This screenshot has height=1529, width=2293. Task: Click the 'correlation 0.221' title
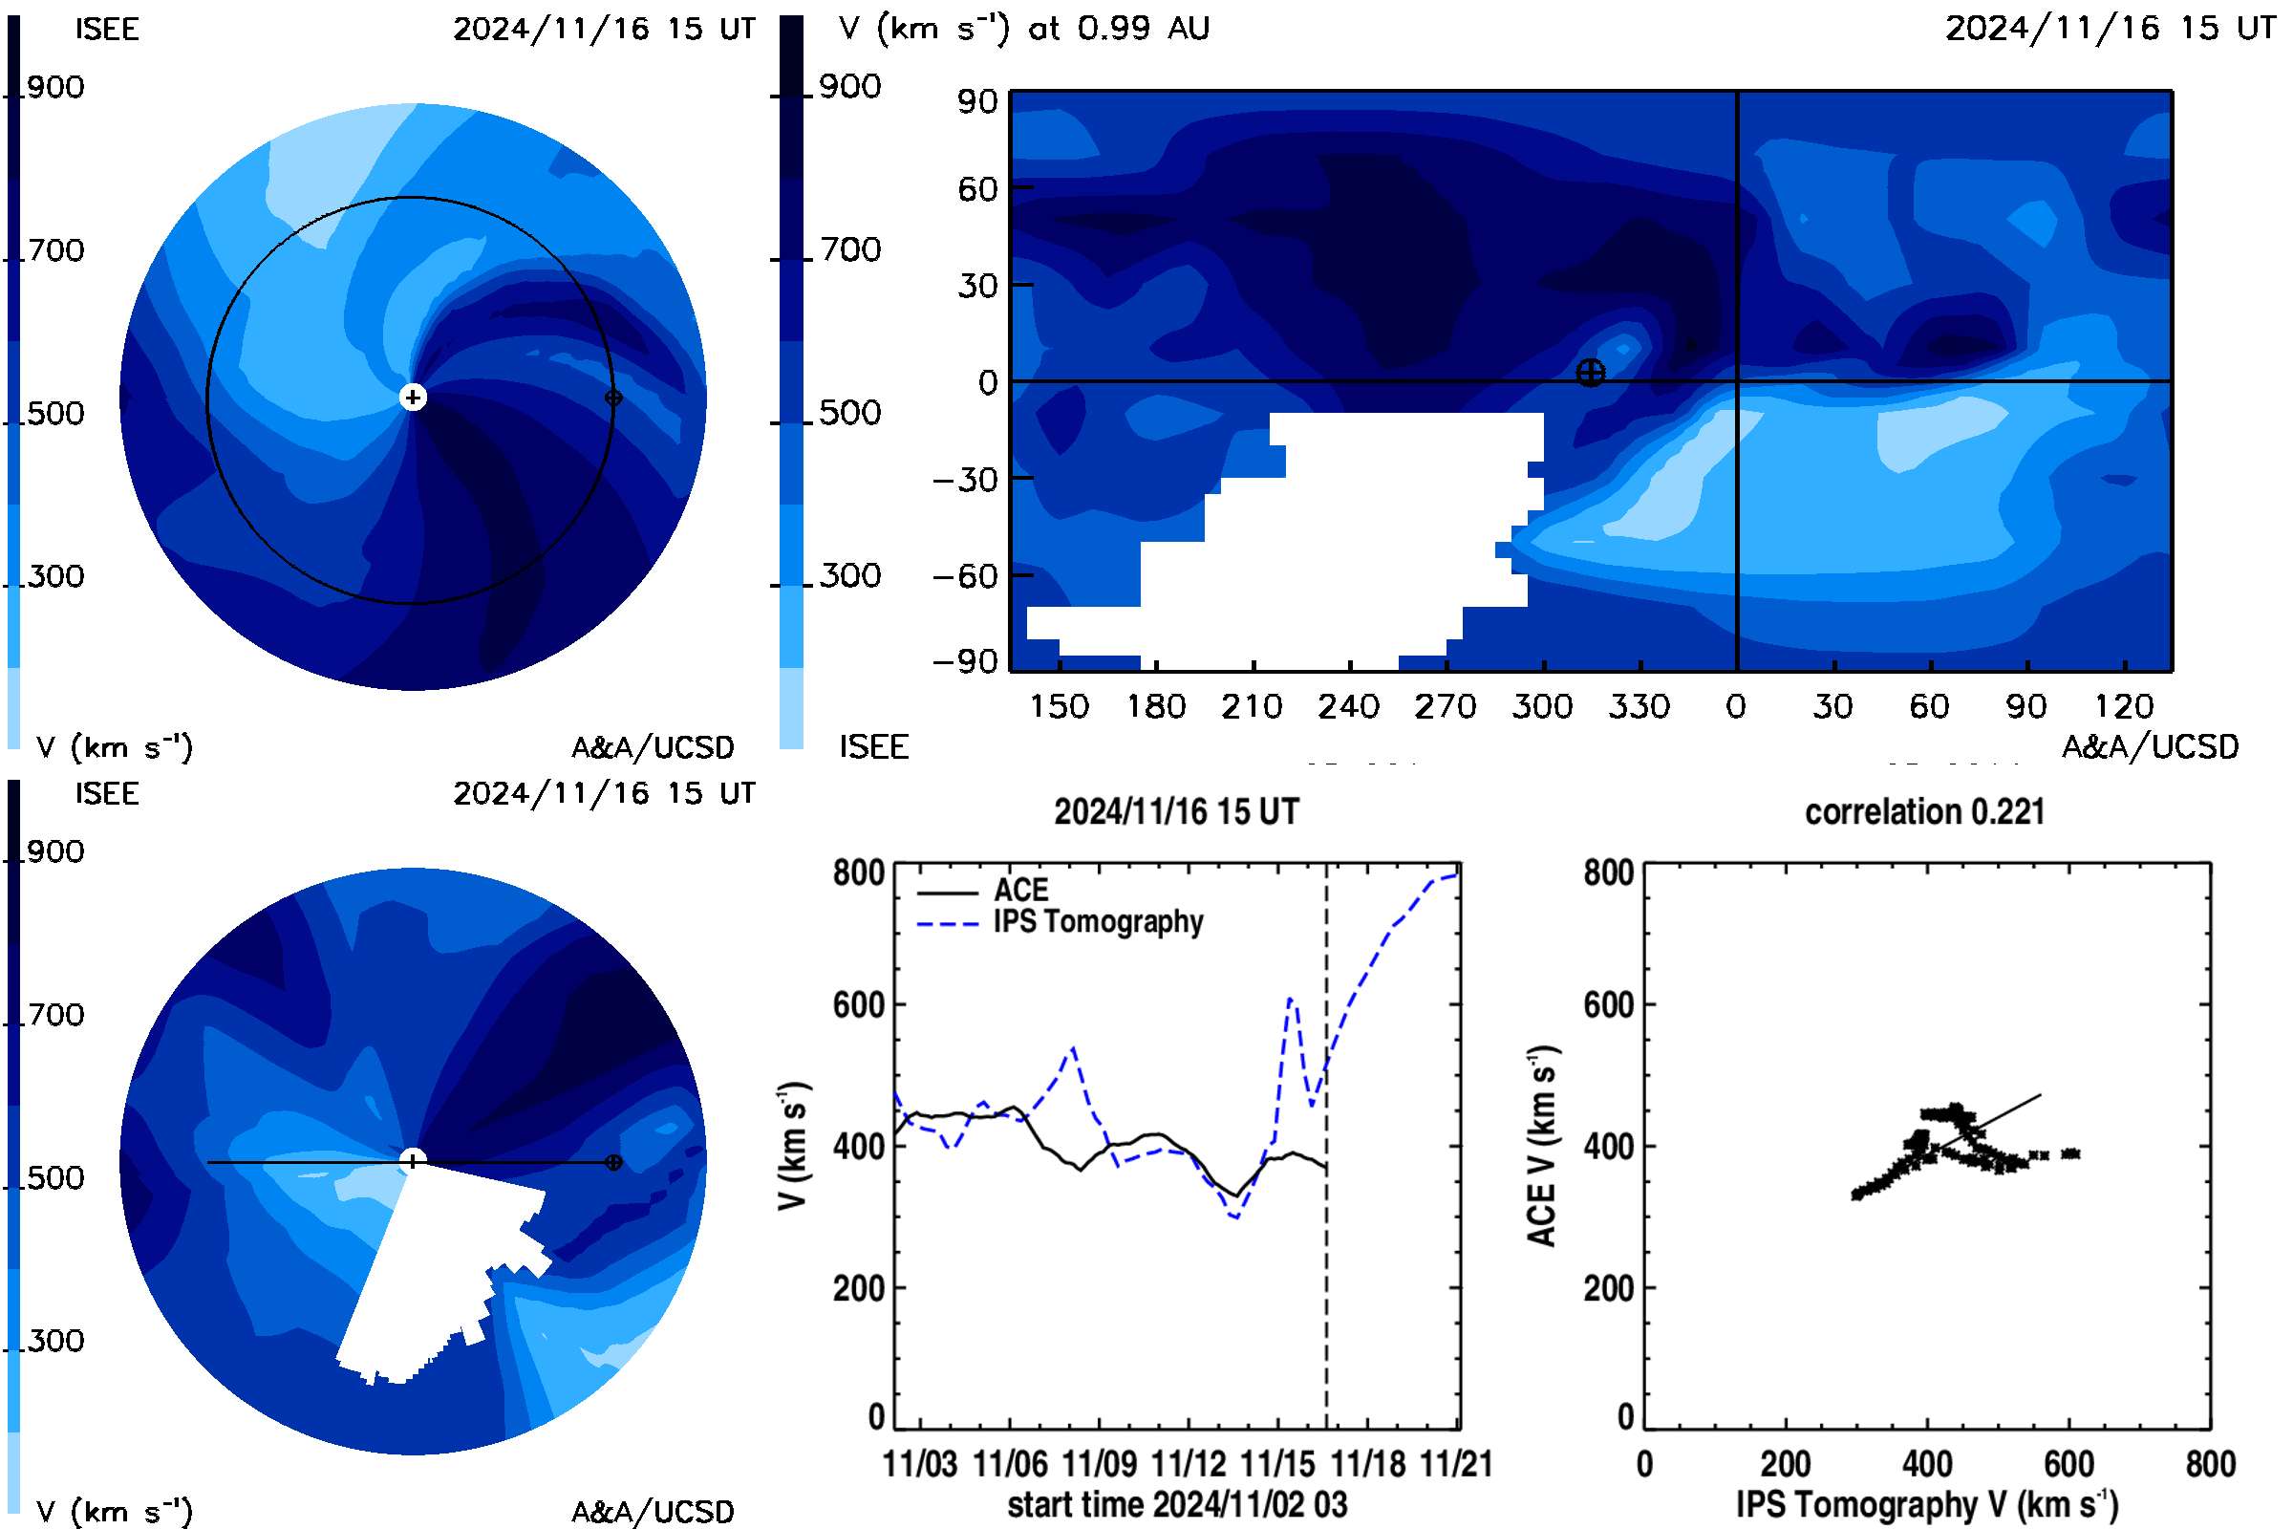coord(1924,811)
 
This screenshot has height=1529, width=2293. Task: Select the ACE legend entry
coord(983,891)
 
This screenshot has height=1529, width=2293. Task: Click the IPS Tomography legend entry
coord(1061,921)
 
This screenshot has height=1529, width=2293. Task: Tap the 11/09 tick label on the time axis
coord(1099,1464)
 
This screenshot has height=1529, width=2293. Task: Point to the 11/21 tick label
coord(1456,1464)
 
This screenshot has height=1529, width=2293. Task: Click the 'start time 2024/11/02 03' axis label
coord(1178,1504)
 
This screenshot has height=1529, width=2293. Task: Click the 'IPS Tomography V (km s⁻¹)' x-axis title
coord(1927,1504)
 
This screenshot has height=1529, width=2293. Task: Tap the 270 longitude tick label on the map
coord(1446,706)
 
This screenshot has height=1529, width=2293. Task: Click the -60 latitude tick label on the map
coord(965,576)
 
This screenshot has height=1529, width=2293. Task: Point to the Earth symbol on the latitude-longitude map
coord(1590,373)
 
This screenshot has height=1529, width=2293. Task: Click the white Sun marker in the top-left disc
coord(413,397)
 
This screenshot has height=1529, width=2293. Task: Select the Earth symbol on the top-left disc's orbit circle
coord(613,397)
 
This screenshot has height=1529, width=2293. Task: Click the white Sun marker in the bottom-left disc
coord(413,1160)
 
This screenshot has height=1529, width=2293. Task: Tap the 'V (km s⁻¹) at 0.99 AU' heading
coord(1024,28)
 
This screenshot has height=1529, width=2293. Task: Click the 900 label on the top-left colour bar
coord(55,87)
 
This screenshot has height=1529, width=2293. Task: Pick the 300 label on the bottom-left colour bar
coord(55,1340)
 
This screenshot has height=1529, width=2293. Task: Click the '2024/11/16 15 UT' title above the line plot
coord(1177,811)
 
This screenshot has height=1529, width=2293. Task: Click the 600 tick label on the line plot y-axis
coord(859,1004)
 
